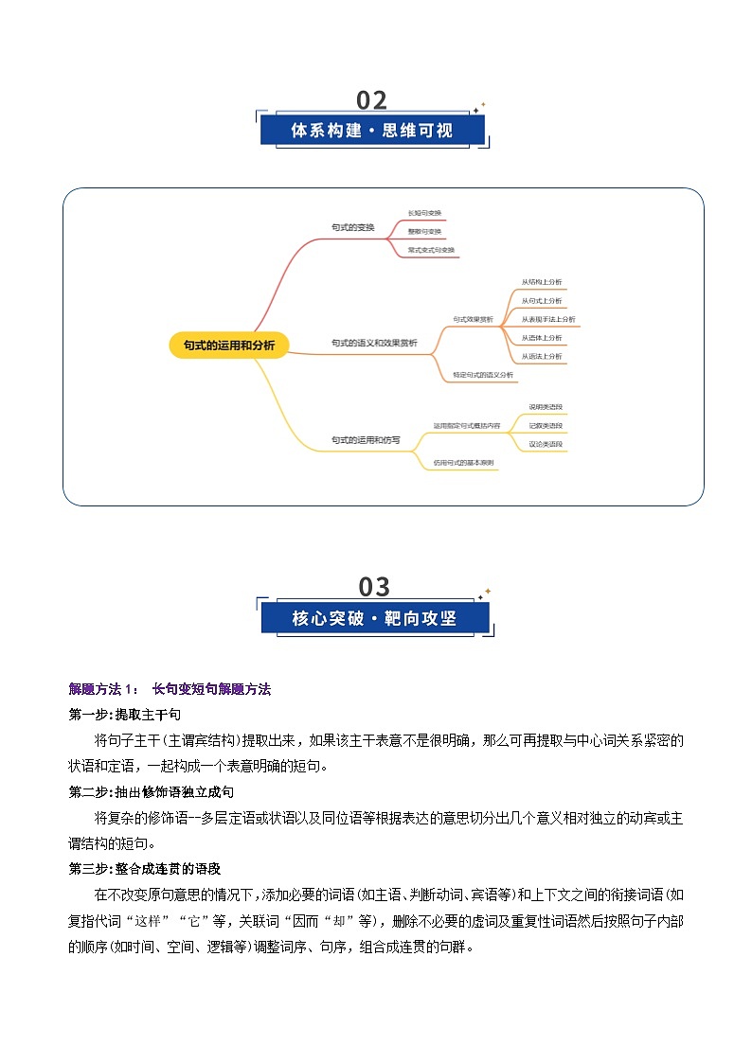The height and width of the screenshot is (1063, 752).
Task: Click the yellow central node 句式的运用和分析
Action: coord(229,345)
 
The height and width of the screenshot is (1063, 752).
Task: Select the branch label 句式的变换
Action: coord(353,228)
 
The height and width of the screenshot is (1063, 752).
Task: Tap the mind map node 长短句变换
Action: coord(424,213)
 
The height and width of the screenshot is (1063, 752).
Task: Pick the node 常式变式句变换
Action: coord(431,250)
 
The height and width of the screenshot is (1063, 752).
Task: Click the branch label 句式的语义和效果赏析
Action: coord(374,343)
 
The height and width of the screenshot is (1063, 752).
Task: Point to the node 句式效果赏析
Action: coord(473,320)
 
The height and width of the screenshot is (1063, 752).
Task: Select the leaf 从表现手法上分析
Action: coord(548,319)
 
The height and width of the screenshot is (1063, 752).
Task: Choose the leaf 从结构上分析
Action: coord(542,282)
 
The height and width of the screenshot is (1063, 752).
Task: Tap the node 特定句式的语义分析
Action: coord(483,375)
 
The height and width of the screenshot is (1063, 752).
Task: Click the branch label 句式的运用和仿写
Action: coord(366,440)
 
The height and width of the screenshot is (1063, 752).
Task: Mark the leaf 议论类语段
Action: coord(546,444)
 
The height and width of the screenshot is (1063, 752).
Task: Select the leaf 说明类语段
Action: coord(546,407)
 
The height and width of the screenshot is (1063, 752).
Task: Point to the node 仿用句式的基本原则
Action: coord(464,463)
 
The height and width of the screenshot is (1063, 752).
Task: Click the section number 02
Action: coord(372,100)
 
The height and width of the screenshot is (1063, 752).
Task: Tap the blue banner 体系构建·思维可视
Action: coord(372,131)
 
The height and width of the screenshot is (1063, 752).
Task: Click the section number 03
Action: coord(374,587)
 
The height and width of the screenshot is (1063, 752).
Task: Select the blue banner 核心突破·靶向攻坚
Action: coord(374,619)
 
